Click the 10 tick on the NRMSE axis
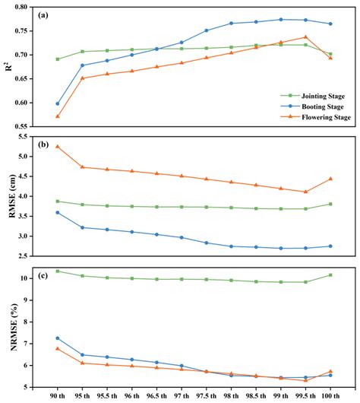click(x=30, y=278)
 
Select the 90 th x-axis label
click(x=58, y=397)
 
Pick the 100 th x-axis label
click(x=330, y=397)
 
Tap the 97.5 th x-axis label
click(x=206, y=397)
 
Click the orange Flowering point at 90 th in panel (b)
click(x=58, y=146)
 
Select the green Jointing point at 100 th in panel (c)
click(x=330, y=275)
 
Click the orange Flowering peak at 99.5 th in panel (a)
click(x=305, y=36)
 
